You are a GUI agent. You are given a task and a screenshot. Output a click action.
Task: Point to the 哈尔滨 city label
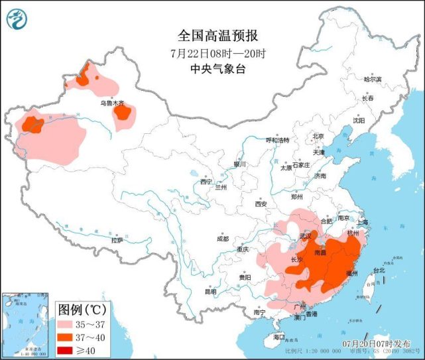[x=372, y=79]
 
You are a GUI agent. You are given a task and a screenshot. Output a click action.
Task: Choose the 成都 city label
[x=221, y=239]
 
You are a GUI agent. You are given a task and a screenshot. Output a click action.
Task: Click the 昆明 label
[x=210, y=291]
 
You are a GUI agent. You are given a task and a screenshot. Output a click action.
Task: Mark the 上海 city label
[x=361, y=222]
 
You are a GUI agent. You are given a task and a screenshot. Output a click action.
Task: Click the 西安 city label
[x=260, y=204]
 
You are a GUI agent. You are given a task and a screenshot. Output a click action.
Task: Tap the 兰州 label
[x=220, y=188]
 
